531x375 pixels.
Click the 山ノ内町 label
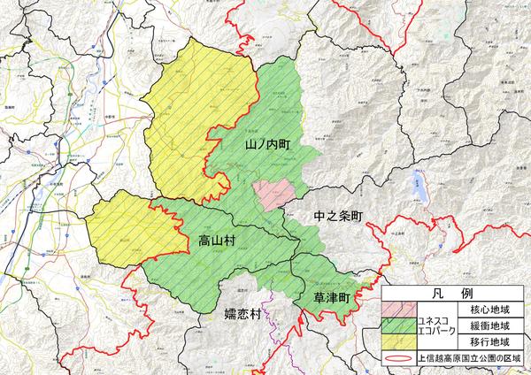[267, 142]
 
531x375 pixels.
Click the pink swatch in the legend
[404, 310]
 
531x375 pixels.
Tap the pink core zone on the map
[270, 193]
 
